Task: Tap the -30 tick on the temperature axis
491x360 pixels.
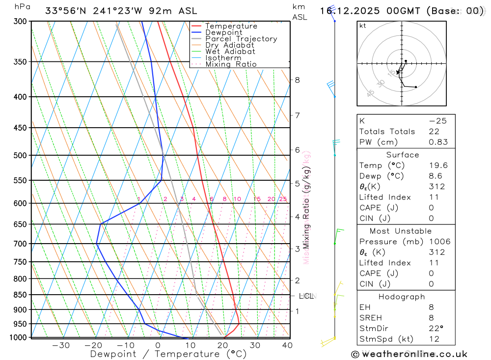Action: [x=60, y=345]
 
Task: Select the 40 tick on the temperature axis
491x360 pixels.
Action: [x=287, y=345]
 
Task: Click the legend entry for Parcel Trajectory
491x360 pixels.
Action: [x=241, y=39]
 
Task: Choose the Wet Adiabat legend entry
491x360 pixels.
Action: [x=230, y=52]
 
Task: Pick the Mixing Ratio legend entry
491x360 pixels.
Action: [x=231, y=64]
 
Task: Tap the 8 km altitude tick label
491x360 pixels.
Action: [x=297, y=80]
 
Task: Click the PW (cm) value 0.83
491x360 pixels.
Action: [x=438, y=142]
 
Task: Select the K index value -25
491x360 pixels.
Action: [x=437, y=121]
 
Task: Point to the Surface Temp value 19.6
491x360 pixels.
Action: [x=438, y=166]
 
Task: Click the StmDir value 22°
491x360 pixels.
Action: [x=436, y=329]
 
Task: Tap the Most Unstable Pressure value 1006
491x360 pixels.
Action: [x=439, y=242]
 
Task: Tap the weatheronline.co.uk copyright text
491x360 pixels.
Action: [x=409, y=354]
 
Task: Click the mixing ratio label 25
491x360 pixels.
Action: [x=283, y=199]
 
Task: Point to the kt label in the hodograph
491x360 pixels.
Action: [x=363, y=26]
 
